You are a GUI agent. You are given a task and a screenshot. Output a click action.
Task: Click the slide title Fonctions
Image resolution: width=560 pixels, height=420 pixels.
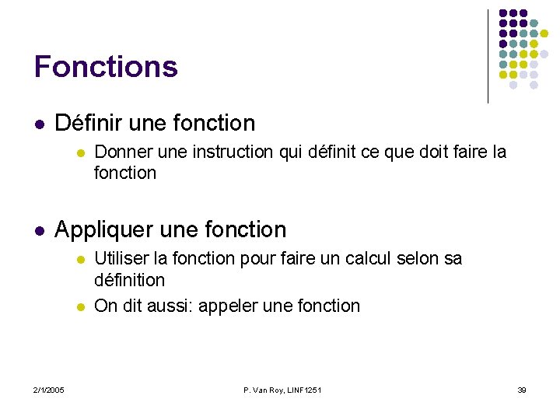pyautogui.click(x=106, y=67)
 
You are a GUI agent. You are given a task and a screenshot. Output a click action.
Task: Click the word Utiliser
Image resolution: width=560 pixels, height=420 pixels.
pyautogui.click(x=121, y=258)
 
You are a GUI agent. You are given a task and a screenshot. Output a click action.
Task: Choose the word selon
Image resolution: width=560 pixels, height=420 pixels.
pyautogui.click(x=419, y=258)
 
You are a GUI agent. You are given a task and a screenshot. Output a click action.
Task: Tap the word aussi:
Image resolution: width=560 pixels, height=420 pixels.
pyautogui.click(x=170, y=306)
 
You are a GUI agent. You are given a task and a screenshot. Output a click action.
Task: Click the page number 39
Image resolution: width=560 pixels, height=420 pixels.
pyautogui.click(x=522, y=390)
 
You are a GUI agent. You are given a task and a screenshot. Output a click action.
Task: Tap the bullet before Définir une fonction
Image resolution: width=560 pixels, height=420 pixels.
pyautogui.click(x=40, y=124)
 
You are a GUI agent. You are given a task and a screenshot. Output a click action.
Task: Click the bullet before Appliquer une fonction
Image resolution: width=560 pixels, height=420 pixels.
pyautogui.click(x=40, y=230)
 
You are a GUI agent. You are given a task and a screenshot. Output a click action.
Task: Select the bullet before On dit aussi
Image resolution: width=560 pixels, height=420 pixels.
pyautogui.click(x=79, y=306)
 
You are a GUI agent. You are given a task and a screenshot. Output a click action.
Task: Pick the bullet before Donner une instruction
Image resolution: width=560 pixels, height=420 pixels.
pyautogui.click(x=79, y=152)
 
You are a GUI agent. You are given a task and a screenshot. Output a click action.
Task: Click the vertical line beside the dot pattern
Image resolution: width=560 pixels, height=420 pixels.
pyautogui.click(x=488, y=56)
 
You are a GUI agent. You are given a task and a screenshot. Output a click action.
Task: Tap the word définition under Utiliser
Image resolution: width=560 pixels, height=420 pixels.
pyautogui.click(x=129, y=279)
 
